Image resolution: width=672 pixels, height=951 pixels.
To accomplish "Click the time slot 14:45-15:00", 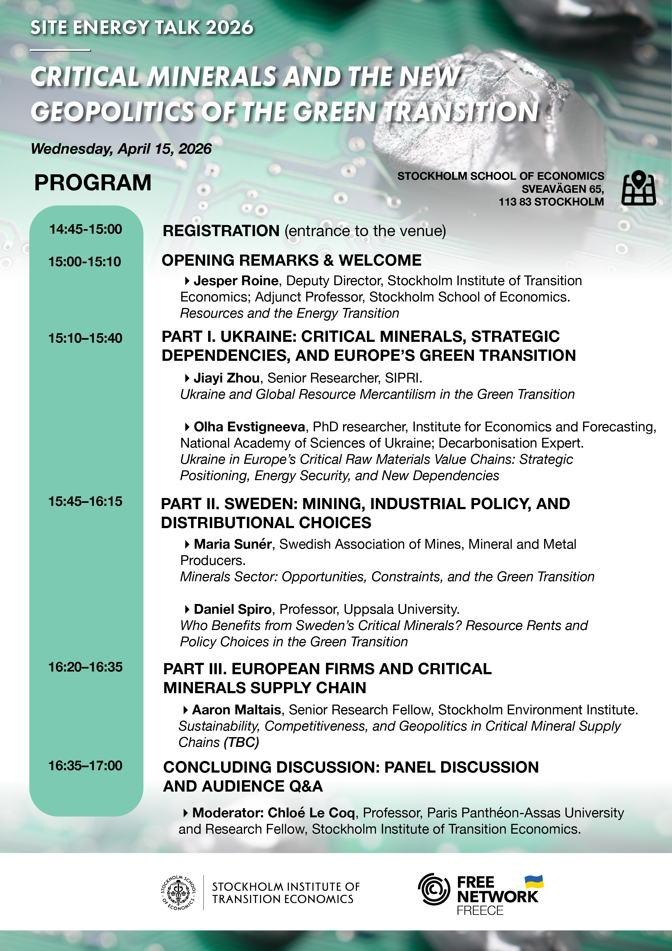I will pos(86,229).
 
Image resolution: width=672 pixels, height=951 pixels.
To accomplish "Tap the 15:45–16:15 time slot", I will pos(85,501).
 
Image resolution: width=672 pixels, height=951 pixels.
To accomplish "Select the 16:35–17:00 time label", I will pos(85,766).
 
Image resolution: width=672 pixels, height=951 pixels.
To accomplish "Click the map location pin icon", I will pos(638,188).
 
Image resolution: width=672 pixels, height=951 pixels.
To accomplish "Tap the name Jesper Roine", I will pos(236,281).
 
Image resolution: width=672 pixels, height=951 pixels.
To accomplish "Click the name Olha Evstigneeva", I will pos(249,427).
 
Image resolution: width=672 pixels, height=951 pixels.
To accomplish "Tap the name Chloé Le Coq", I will pos(311,813).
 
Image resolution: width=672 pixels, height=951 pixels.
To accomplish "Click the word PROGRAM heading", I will pos(93,183).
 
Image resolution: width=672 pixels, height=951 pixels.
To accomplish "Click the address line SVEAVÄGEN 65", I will pos(562,189).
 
